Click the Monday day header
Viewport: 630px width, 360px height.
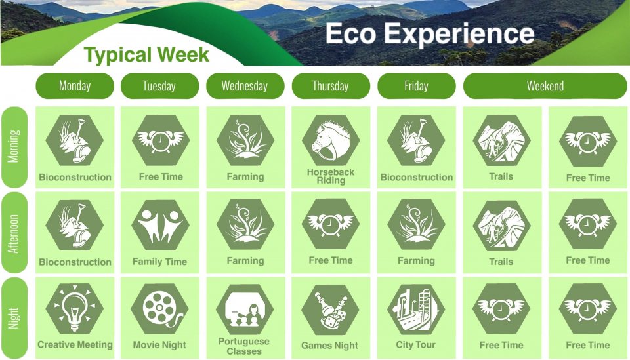coord(75,86)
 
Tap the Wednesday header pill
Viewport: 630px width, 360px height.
coord(245,86)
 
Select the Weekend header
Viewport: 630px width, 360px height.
coord(545,86)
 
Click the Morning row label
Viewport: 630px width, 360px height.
coord(14,146)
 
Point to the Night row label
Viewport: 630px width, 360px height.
coord(14,318)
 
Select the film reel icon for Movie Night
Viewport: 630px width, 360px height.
coord(160,309)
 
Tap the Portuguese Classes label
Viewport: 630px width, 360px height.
coord(244,346)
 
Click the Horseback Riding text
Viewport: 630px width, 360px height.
coord(331,176)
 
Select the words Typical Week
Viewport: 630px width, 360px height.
coord(146,55)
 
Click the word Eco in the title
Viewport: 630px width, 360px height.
coord(350,33)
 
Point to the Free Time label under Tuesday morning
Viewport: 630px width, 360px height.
coord(161,176)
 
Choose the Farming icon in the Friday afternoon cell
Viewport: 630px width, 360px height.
coord(416,224)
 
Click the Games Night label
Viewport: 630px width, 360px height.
coord(330,346)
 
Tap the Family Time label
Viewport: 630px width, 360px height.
coord(160,262)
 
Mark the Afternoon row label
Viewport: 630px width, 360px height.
coord(14,233)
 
